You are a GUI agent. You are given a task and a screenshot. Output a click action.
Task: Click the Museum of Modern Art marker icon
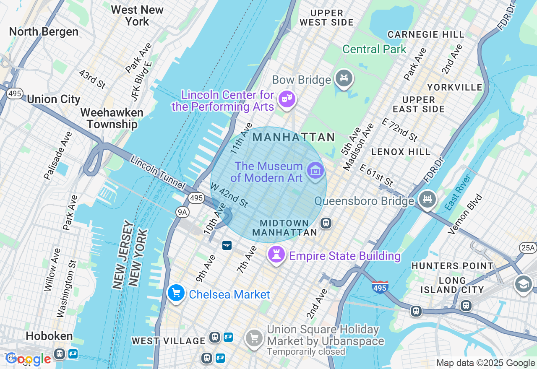click(315, 170)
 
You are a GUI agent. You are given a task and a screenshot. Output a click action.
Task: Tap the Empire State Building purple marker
click(276, 255)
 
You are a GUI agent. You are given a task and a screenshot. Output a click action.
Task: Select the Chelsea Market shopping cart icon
click(176, 293)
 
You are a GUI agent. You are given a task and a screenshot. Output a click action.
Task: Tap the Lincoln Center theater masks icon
click(287, 99)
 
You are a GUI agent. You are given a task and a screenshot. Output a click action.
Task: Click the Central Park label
click(374, 49)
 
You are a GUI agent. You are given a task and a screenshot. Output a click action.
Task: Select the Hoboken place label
click(49, 336)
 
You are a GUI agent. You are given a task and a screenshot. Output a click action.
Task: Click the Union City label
click(53, 99)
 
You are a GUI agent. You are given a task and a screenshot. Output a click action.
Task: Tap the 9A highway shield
click(182, 212)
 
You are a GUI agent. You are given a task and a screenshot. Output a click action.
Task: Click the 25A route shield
click(527, 248)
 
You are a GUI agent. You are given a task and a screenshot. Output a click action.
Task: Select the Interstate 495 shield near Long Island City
click(379, 287)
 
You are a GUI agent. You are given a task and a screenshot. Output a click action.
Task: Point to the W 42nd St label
click(229, 195)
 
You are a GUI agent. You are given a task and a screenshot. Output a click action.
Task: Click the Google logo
click(28, 359)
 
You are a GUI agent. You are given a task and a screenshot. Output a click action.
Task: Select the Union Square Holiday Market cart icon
click(254, 338)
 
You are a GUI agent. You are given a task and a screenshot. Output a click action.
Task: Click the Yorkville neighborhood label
click(455, 87)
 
